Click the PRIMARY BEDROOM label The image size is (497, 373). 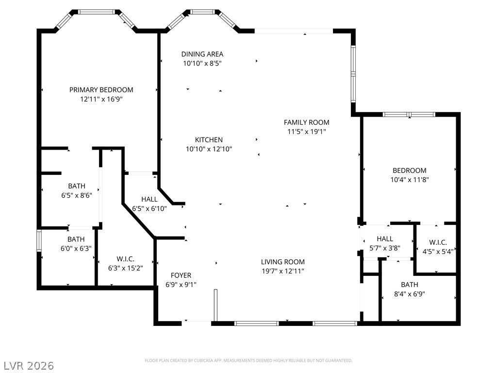point(101,90)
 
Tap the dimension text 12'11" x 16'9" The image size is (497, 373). point(101,99)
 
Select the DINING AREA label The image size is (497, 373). point(202,54)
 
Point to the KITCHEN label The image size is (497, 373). point(209,139)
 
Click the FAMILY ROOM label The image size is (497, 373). point(307,122)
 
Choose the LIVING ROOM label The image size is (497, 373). point(283,262)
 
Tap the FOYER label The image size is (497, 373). point(181,275)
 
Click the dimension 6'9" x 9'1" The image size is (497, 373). point(181,285)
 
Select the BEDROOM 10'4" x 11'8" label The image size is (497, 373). point(410,170)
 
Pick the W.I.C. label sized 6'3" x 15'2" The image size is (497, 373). point(126,259)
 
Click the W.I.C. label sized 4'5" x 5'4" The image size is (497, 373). point(438,242)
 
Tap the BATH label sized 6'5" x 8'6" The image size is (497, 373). point(77,186)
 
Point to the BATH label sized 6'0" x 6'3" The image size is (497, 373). point(76,239)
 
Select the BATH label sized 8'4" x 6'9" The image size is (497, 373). point(410,285)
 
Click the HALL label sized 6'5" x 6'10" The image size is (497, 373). point(149,199)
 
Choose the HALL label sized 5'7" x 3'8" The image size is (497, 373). point(385,238)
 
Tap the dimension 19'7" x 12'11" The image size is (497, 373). point(283,271)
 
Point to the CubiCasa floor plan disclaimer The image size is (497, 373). point(248,361)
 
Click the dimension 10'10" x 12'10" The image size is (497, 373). point(209,149)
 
